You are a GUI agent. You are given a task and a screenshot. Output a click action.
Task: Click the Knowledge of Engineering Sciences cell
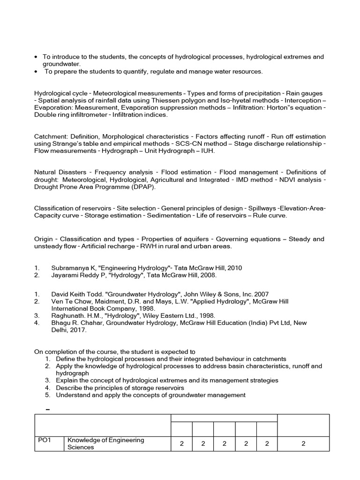[x=106, y=443]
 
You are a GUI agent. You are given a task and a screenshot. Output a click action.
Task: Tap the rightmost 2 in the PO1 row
[x=303, y=443]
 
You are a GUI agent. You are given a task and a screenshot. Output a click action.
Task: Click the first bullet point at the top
[x=36, y=57]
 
